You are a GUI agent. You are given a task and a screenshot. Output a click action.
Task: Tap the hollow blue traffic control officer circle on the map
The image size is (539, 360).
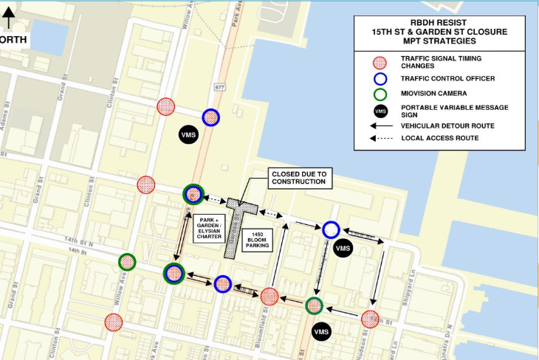coord(331,230)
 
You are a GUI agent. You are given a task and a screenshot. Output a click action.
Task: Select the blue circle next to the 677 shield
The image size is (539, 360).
coord(211,117)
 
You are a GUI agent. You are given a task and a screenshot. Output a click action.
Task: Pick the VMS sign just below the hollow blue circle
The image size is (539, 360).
coord(343,249)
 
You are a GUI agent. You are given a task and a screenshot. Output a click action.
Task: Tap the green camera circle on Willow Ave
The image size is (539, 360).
coord(127,261)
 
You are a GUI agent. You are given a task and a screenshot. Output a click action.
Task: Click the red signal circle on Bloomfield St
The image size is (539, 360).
coord(269,297)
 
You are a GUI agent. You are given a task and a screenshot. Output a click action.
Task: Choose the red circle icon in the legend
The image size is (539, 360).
coord(380,62)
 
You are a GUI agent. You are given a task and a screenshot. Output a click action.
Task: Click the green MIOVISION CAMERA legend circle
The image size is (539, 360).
coord(380,94)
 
